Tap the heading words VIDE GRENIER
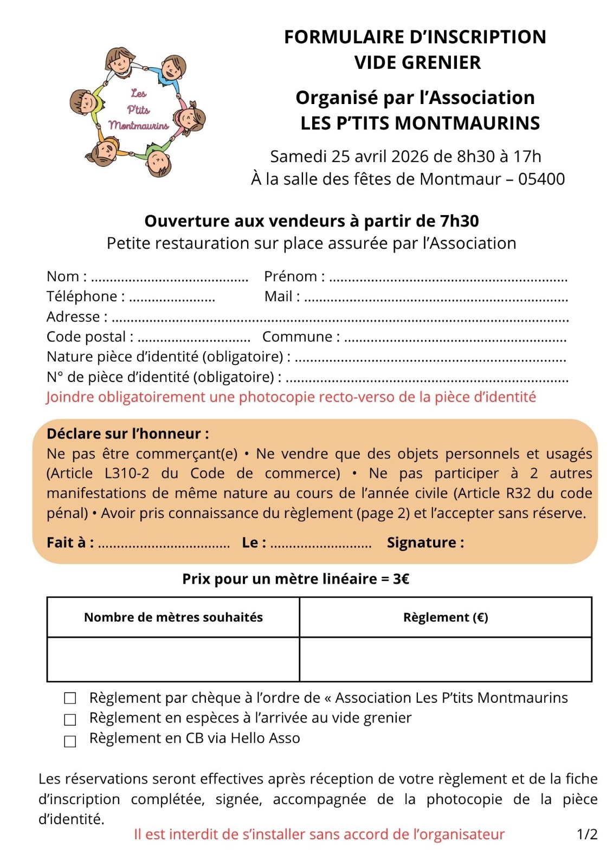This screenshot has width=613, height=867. [417, 63]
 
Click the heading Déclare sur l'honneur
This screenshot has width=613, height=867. [128, 433]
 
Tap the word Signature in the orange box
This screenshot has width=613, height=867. [425, 542]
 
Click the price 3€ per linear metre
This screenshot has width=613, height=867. [401, 579]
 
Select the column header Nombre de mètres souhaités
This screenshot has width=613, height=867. [173, 617]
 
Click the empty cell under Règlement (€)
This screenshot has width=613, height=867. [445, 659]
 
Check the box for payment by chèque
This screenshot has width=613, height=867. [70, 698]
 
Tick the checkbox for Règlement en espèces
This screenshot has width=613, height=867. [70, 720]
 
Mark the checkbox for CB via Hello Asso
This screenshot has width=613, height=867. [70, 741]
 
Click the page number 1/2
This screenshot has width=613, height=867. [587, 834]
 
